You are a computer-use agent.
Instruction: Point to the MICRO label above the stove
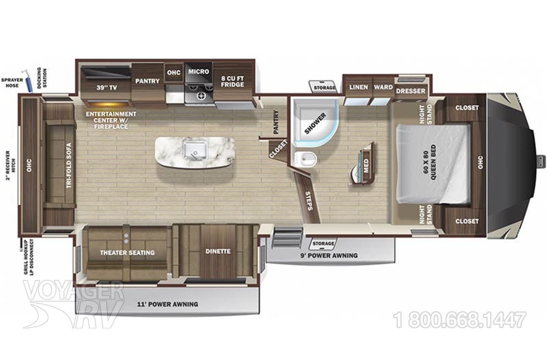coord(199,71)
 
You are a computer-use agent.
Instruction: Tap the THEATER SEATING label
coord(127,253)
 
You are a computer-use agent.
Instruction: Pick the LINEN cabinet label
coord(359,87)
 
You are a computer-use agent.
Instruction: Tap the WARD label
coord(383,87)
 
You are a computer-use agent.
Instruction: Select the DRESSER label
coord(411,91)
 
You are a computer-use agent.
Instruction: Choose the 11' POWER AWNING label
coord(168,304)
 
